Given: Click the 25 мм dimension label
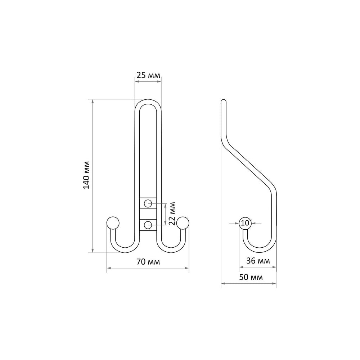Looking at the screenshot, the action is (x=148, y=75).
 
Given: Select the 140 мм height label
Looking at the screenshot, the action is (x=86, y=175).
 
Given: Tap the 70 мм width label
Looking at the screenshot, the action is (x=148, y=261).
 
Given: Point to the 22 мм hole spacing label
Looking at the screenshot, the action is (x=172, y=213).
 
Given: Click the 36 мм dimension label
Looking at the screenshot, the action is (x=258, y=261).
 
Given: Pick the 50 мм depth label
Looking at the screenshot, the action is (x=251, y=277).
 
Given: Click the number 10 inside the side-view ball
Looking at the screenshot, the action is (x=245, y=223).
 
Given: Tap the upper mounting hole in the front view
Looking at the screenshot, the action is (x=148, y=203).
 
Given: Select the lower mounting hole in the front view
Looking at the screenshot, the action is (x=148, y=225).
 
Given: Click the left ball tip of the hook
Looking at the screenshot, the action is (x=113, y=223).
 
